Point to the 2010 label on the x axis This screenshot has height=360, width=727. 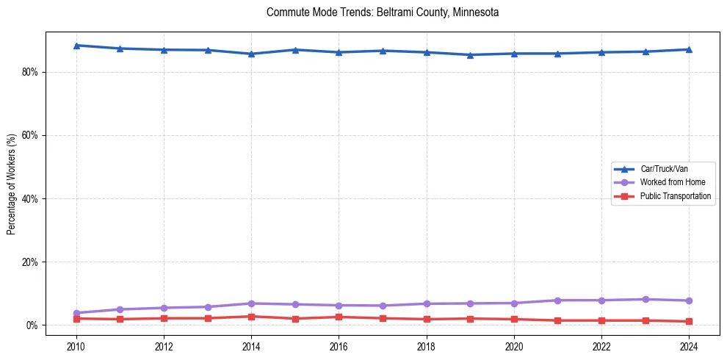click(x=76, y=346)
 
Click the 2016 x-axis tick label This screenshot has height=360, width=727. click(x=339, y=346)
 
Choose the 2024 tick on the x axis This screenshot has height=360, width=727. click(x=689, y=346)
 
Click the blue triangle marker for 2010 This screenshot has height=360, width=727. click(x=76, y=46)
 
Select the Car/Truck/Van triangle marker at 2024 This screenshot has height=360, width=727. click(x=689, y=49)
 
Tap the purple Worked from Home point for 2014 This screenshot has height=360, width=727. click(x=251, y=303)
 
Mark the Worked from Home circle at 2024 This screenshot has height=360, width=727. click(x=689, y=300)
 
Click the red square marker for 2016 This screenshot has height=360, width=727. click(x=339, y=317)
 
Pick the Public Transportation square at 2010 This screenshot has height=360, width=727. click(x=76, y=318)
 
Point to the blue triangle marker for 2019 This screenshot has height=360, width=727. click(x=470, y=54)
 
